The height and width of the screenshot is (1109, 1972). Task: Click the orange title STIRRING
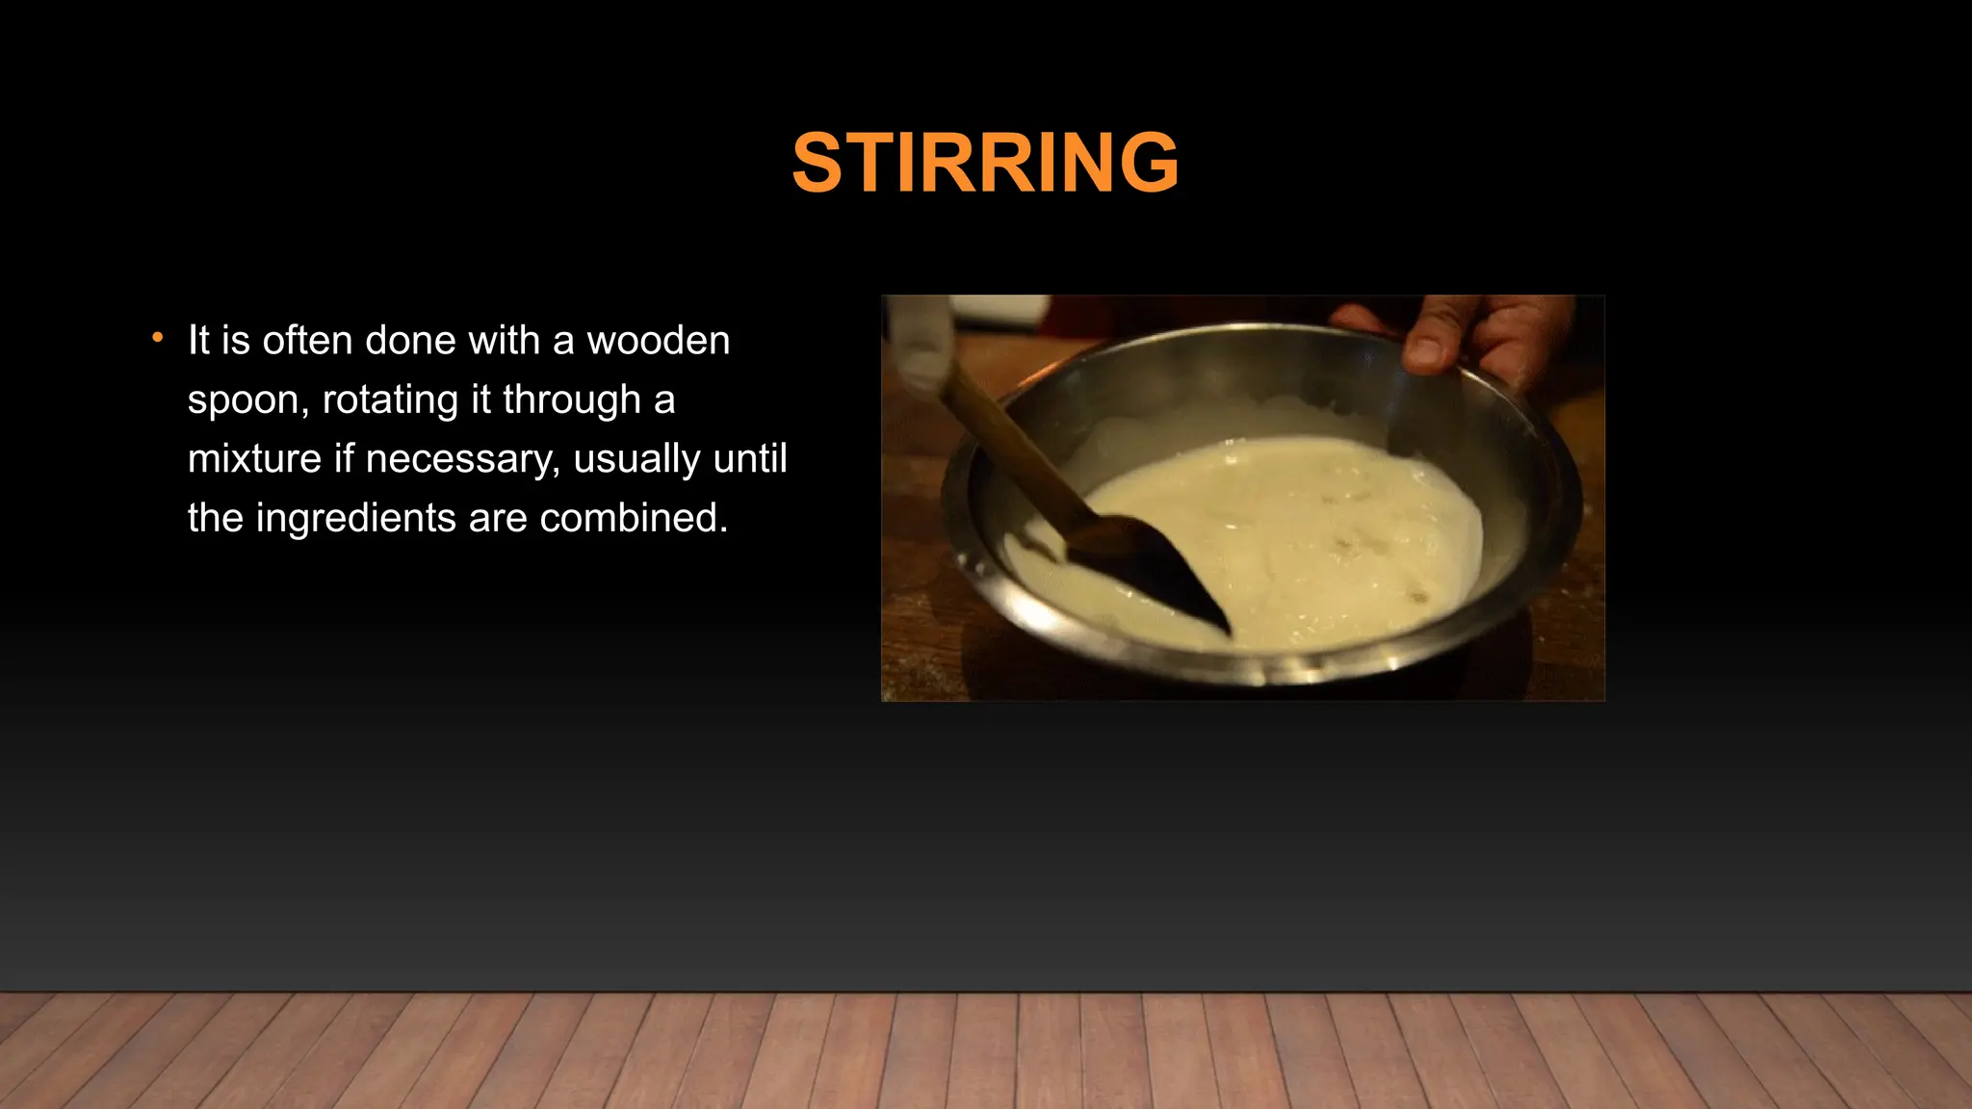(x=985, y=163)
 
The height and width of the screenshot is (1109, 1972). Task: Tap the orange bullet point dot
(x=158, y=338)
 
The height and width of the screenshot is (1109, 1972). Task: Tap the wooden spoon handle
(x=1011, y=443)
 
